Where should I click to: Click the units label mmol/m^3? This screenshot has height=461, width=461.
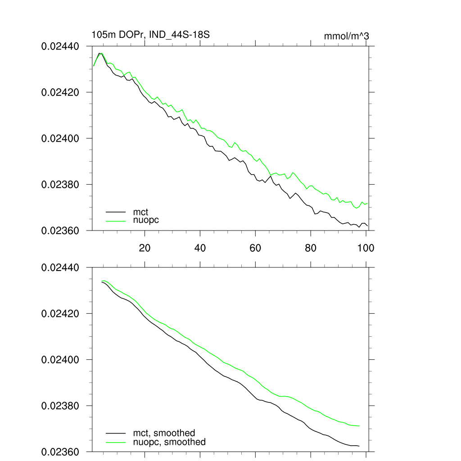click(x=346, y=36)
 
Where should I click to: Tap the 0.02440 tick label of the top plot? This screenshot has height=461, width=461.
click(x=60, y=46)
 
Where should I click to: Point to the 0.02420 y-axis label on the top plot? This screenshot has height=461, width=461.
click(x=60, y=92)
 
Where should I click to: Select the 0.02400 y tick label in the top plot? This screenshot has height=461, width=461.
click(x=60, y=138)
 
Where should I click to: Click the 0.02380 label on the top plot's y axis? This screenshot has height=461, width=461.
click(x=60, y=185)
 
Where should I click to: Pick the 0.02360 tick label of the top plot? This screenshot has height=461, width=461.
click(x=60, y=230)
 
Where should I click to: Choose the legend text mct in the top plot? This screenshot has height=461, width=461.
click(x=140, y=212)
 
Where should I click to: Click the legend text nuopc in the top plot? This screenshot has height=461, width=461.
click(x=146, y=220)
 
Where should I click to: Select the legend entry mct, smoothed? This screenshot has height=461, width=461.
click(x=163, y=433)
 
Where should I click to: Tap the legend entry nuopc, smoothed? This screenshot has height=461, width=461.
click(x=169, y=442)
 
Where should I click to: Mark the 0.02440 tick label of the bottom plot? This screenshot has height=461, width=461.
click(x=60, y=267)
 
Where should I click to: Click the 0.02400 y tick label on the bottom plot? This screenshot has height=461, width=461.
click(x=60, y=360)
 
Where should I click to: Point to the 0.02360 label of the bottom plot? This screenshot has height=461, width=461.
click(x=60, y=452)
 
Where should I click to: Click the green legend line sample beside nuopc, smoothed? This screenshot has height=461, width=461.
click(x=115, y=442)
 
